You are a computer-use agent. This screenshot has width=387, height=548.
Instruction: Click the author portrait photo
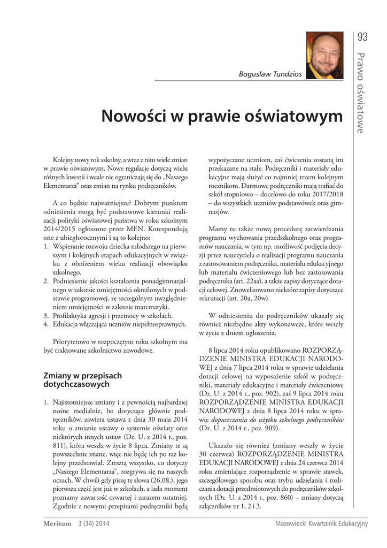(x=324, y=56)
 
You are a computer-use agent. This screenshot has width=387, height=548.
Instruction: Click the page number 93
(x=363, y=37)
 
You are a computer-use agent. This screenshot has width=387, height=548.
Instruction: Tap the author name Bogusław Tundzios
(x=269, y=73)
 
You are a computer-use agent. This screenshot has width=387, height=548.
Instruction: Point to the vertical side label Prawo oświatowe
(x=362, y=94)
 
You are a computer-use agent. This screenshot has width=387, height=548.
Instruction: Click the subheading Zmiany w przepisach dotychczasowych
(x=82, y=380)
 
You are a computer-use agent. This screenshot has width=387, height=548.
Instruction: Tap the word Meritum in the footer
(x=57, y=524)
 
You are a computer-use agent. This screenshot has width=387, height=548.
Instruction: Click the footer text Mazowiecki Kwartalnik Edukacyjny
(x=322, y=524)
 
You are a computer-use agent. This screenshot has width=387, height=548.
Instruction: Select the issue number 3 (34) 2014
(x=94, y=524)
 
